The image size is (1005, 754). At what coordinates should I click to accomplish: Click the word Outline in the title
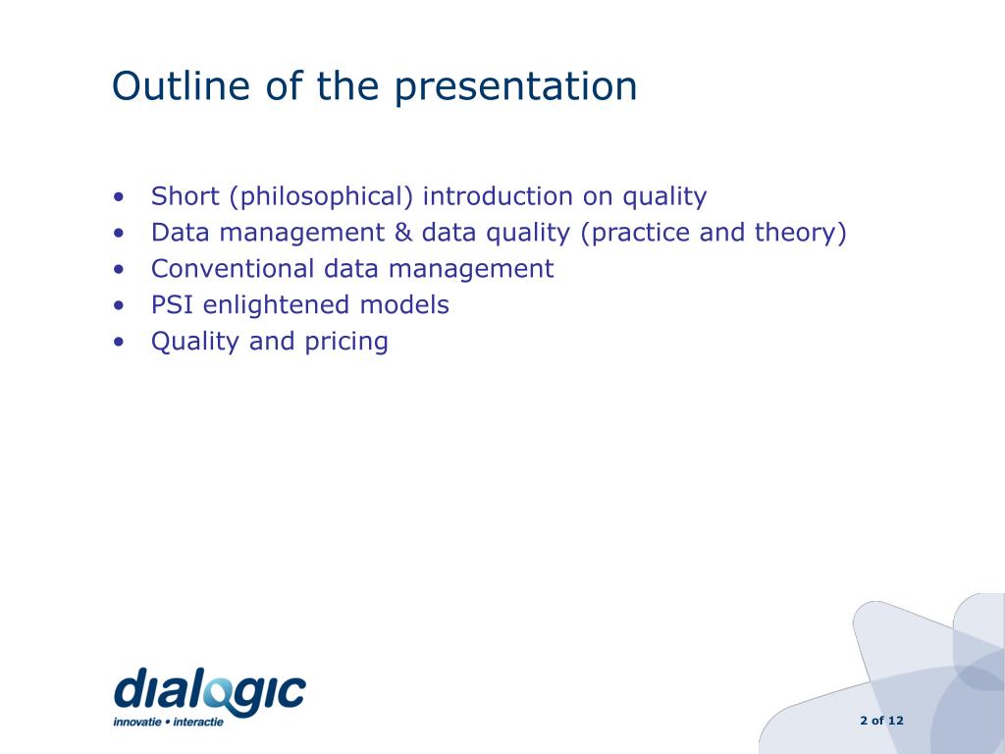[181, 85]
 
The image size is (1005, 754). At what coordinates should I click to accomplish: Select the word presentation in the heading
[515, 88]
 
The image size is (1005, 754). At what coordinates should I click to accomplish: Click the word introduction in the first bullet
[498, 195]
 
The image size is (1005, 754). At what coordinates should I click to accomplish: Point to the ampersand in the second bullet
[403, 232]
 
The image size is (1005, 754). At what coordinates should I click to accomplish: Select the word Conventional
[233, 269]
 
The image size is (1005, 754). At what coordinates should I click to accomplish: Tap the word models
[404, 304]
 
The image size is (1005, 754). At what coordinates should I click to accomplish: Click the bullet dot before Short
[119, 196]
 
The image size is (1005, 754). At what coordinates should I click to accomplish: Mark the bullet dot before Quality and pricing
[119, 342]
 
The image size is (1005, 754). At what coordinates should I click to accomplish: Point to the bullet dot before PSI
[119, 306]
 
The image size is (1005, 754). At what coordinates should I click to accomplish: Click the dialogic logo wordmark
[210, 690]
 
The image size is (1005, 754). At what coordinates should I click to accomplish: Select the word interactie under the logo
[198, 722]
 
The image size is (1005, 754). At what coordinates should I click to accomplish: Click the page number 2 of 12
[882, 721]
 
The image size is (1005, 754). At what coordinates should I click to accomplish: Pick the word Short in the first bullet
[185, 196]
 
